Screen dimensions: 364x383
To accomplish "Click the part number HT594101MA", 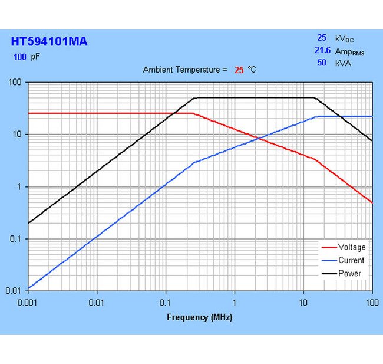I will [x=49, y=41].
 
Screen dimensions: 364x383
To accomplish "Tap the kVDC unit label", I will [x=345, y=38].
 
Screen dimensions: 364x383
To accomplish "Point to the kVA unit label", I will [x=342, y=63].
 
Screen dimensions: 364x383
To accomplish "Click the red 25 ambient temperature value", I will [x=239, y=70].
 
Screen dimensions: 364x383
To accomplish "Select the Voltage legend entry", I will [x=351, y=247].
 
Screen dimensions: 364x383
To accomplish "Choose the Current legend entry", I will [x=351, y=260].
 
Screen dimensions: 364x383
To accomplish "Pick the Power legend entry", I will [x=349, y=273].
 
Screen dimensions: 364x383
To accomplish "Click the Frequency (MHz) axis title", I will [x=200, y=317].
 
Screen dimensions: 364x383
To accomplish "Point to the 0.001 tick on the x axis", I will [x=28, y=302].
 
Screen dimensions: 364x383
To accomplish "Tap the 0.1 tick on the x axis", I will [x=166, y=302].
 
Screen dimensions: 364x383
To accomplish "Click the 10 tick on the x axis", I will [x=303, y=302].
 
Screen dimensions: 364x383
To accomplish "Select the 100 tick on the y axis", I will [x=16, y=83].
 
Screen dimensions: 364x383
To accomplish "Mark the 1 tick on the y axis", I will [x=21, y=187].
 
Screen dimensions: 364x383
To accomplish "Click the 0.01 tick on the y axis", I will [x=14, y=291].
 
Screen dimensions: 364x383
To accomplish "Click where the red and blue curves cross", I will [x=259, y=139].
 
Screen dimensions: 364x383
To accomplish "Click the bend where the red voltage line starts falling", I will [x=192, y=113].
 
